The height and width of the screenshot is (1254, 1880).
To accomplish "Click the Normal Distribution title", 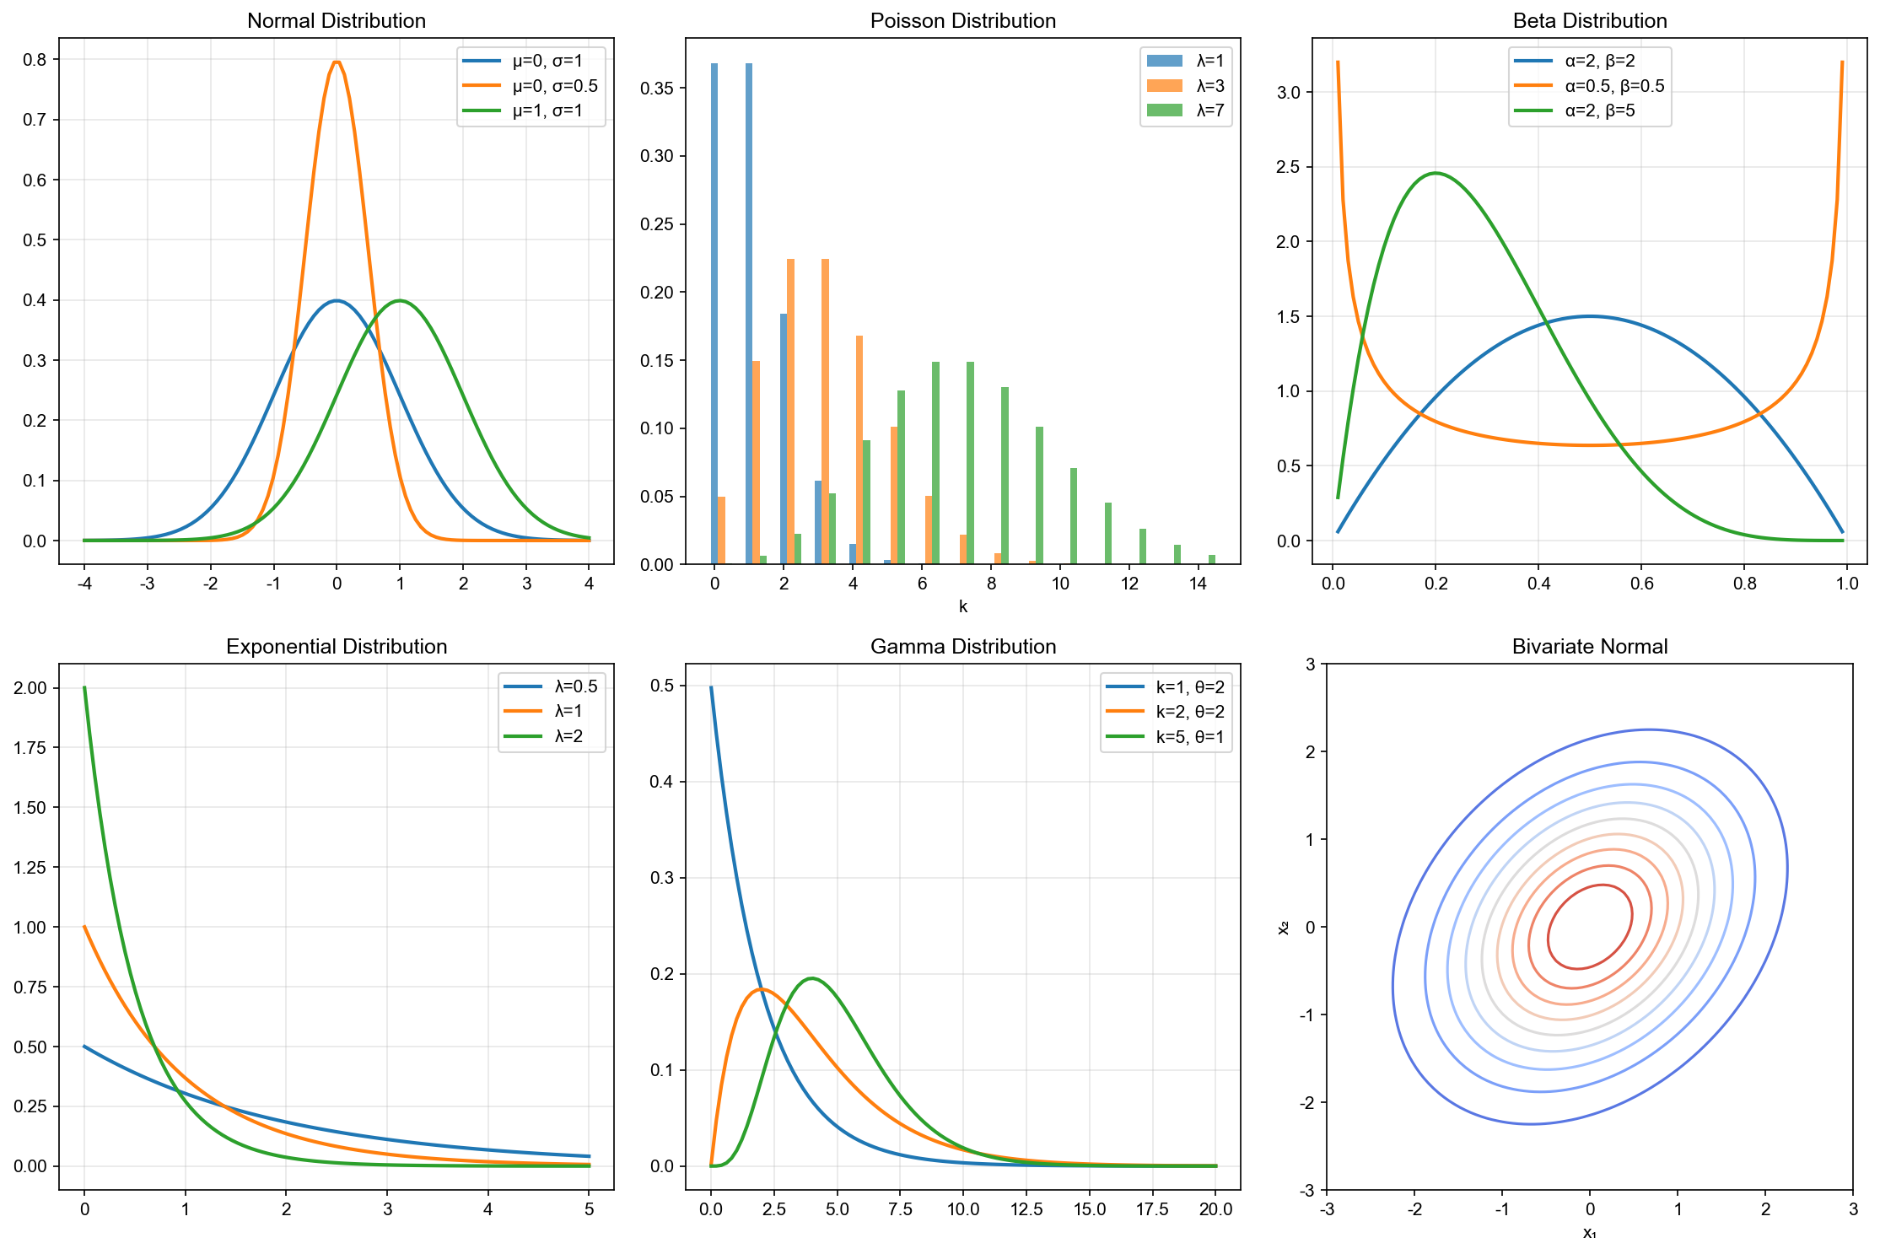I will (x=336, y=20).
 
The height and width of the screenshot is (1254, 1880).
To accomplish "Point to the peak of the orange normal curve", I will (x=337, y=62).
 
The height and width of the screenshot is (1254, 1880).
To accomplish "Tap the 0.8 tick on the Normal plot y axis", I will (x=35, y=60).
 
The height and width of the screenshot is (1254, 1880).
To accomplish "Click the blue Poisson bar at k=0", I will (x=714, y=312).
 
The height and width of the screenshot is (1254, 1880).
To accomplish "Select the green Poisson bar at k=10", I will (x=1074, y=516).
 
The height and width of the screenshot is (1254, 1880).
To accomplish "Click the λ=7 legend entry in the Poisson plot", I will (x=1209, y=110).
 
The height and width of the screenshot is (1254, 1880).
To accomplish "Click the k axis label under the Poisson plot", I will (x=962, y=606).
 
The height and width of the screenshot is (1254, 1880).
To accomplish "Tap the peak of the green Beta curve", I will (x=1436, y=173).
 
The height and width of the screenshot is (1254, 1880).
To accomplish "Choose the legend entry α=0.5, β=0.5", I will (x=1613, y=86).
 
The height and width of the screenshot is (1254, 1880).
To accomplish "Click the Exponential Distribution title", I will (x=336, y=646).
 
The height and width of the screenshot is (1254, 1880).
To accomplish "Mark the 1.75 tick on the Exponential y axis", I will (x=30, y=748).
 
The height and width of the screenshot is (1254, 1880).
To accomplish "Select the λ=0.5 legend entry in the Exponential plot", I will (x=575, y=686).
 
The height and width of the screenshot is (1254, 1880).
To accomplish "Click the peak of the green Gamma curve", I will (x=811, y=978).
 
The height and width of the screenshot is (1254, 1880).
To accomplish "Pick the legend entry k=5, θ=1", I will (x=1189, y=737).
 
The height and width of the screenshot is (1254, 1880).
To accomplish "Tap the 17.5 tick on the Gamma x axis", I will (x=1152, y=1209).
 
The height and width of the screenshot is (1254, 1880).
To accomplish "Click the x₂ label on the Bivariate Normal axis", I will (x=1283, y=928).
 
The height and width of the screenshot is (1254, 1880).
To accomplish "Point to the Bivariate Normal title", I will (x=1589, y=646).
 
